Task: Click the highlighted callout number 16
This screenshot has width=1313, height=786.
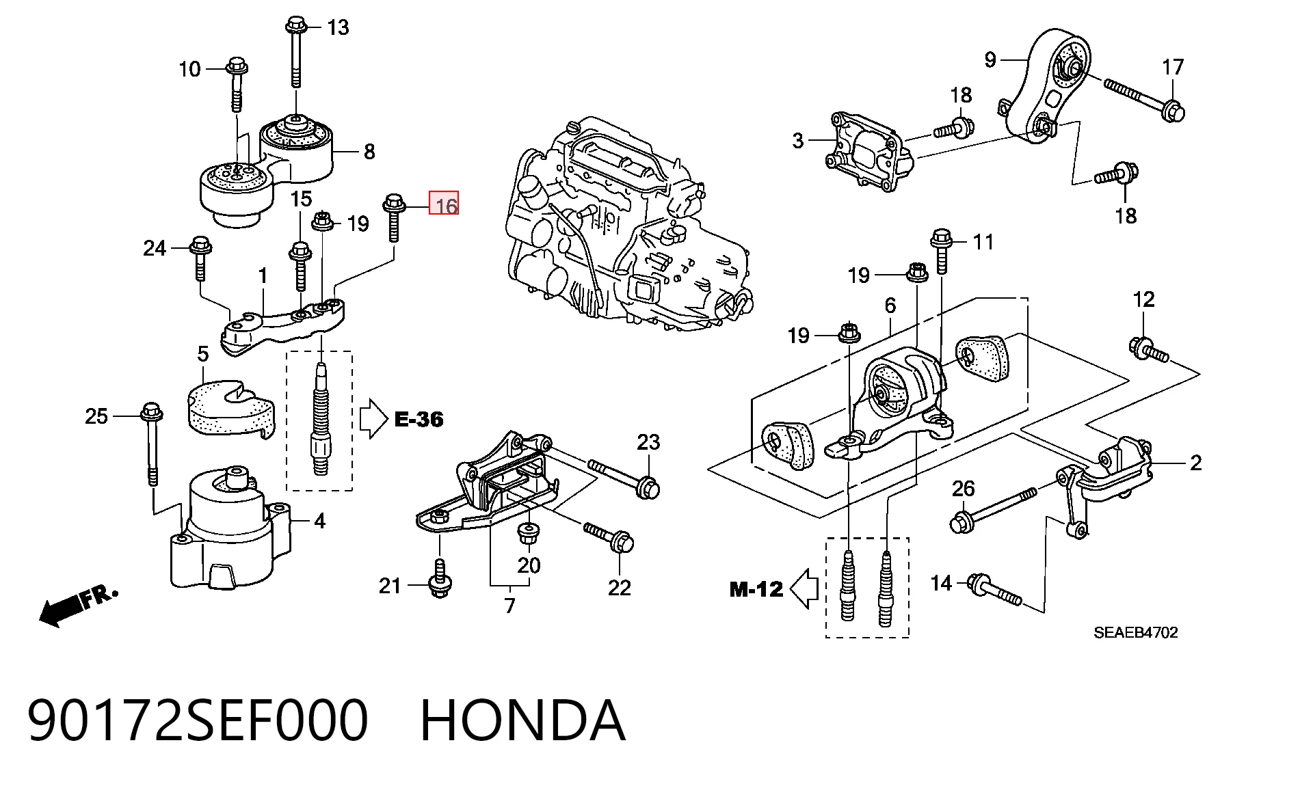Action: (x=445, y=204)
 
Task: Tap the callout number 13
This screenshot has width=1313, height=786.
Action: (x=338, y=28)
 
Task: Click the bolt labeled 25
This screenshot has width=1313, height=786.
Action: (x=152, y=443)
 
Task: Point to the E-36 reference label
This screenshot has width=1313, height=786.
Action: (x=419, y=419)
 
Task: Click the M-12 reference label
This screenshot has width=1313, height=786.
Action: (x=756, y=588)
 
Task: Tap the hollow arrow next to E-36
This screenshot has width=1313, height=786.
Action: (x=373, y=418)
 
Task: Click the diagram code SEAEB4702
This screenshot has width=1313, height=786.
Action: (x=1136, y=632)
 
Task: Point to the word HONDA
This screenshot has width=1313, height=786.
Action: (x=522, y=720)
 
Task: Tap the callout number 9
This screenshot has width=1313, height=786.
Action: (x=990, y=60)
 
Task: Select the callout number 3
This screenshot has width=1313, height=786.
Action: (x=797, y=141)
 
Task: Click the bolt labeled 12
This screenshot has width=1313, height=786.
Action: (x=1149, y=349)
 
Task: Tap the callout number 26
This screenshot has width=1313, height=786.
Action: (x=963, y=489)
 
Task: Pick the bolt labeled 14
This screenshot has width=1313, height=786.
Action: (x=995, y=591)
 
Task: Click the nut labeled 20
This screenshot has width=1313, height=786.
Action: (x=527, y=534)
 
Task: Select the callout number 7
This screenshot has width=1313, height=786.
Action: (x=509, y=606)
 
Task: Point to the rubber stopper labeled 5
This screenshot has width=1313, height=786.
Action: (x=230, y=409)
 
